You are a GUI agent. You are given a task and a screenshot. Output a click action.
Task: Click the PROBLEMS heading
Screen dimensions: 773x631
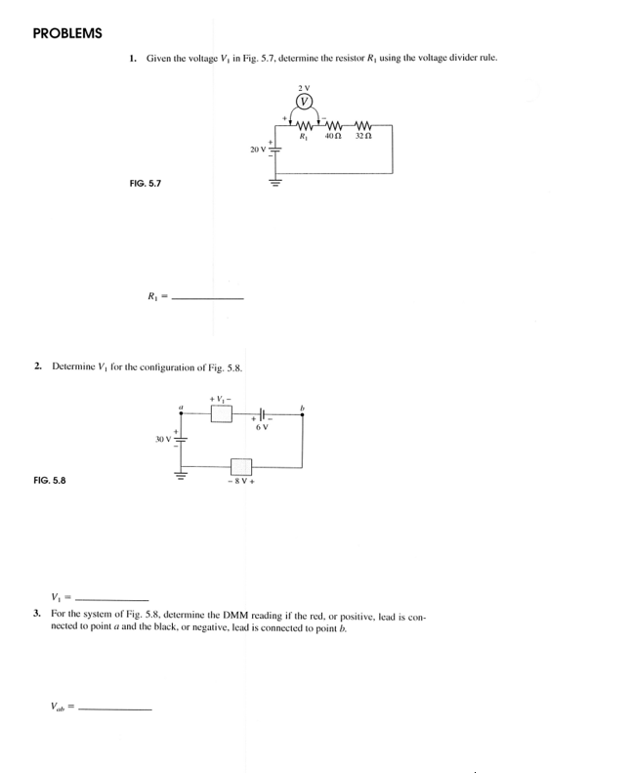[x=67, y=33]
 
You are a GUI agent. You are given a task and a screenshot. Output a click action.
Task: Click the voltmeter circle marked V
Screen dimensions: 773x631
[x=305, y=102]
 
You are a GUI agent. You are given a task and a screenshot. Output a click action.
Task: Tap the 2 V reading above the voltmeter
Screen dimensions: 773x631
[x=305, y=88]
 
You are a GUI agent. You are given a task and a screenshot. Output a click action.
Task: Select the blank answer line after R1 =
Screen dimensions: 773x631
[x=207, y=297]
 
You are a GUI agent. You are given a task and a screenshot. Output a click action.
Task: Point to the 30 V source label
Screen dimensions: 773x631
[x=162, y=439]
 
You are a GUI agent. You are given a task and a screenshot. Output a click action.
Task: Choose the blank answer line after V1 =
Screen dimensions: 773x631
[x=111, y=598]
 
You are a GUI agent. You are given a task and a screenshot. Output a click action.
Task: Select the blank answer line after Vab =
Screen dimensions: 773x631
[x=115, y=708]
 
